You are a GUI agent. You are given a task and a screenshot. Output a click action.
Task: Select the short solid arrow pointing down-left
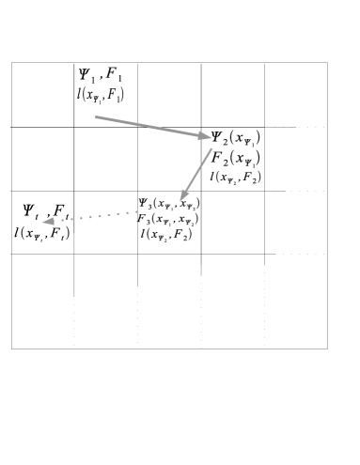click(x=196, y=174)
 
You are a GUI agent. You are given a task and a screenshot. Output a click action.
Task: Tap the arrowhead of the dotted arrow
click(x=49, y=222)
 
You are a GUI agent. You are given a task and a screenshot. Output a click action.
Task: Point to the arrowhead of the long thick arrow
click(x=204, y=136)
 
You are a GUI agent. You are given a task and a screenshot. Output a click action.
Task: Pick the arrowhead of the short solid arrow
click(x=184, y=194)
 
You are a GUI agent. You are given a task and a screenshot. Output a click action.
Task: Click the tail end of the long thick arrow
click(x=96, y=117)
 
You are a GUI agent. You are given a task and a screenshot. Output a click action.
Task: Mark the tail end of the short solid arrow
click(x=211, y=148)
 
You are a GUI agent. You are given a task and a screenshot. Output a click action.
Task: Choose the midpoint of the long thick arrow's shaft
click(x=150, y=127)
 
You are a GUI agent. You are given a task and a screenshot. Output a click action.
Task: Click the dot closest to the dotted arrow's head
click(x=63, y=220)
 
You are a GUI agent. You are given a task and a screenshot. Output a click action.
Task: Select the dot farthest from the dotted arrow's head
click(x=136, y=211)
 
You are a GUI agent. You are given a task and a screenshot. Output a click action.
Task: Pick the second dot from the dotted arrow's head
click(x=71, y=220)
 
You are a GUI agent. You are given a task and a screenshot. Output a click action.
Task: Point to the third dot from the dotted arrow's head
click(x=81, y=219)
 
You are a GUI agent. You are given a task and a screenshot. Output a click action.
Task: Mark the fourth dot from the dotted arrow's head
click(x=90, y=218)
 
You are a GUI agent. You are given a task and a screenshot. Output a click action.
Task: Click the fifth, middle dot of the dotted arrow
click(x=100, y=216)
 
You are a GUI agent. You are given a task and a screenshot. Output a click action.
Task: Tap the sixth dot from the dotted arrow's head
click(x=109, y=215)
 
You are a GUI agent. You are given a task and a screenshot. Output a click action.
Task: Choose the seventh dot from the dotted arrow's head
click(x=117, y=213)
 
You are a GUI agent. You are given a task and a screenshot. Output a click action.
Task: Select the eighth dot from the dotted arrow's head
click(x=127, y=212)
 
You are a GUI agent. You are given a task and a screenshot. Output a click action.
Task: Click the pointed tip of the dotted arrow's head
click(x=41, y=223)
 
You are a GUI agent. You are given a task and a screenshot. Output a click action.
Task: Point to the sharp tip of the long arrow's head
click(x=212, y=138)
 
